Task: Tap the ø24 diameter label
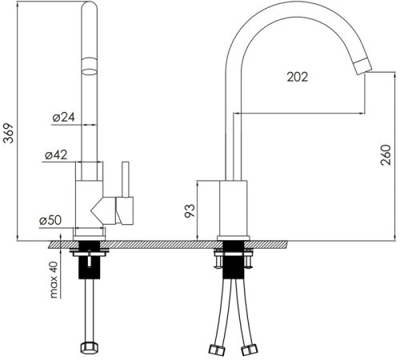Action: pos(64,117)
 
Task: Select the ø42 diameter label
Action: pos(56,155)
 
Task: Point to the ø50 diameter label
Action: pos(50,220)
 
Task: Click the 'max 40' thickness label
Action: pos(54,280)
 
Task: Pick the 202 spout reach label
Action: pos(298,77)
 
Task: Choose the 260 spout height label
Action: pos(386,155)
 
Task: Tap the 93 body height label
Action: pos(190,211)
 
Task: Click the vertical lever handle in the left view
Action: pos(126,179)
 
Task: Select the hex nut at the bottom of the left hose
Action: pos(90,347)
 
